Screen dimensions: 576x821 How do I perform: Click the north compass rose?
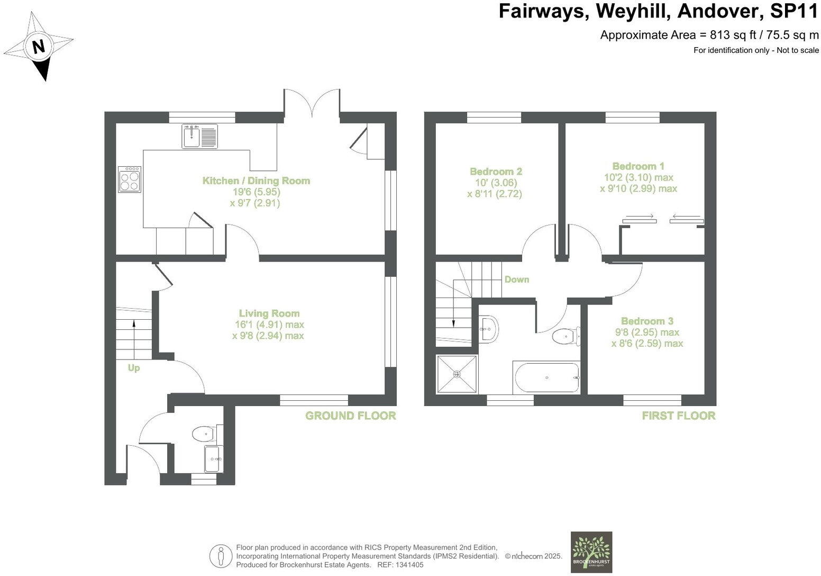click(x=39, y=47)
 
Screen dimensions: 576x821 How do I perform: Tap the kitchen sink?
click(x=200, y=137)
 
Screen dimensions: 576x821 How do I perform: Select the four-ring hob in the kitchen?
click(x=130, y=179)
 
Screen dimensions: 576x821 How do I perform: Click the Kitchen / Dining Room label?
click(x=256, y=181)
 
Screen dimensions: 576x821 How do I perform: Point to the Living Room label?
click(x=269, y=313)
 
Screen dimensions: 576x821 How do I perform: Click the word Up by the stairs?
click(x=133, y=367)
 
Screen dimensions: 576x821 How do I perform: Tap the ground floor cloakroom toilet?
click(x=203, y=434)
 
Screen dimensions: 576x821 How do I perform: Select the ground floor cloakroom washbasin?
click(x=214, y=458)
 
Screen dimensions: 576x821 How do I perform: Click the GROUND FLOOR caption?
click(x=350, y=416)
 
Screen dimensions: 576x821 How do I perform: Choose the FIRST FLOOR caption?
click(x=678, y=416)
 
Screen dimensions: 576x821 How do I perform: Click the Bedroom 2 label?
click(x=496, y=172)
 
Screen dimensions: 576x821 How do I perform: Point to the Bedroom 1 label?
click(x=638, y=166)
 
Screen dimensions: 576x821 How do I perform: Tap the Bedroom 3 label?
click(x=647, y=321)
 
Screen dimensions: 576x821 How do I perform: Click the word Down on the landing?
click(x=516, y=280)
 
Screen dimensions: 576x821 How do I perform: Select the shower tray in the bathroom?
click(x=457, y=374)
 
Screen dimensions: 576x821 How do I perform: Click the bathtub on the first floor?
click(x=546, y=377)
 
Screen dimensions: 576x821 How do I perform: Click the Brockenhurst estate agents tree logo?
click(x=591, y=552)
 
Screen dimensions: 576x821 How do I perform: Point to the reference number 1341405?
click(x=408, y=565)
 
